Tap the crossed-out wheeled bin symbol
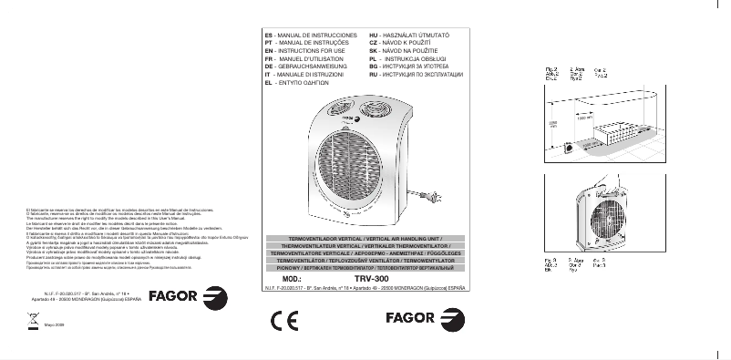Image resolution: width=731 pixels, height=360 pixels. click(x=33, y=321)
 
